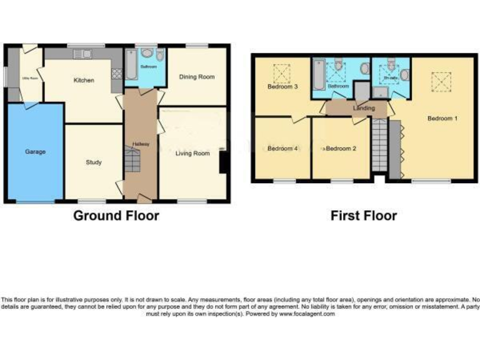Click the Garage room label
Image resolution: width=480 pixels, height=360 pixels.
34,151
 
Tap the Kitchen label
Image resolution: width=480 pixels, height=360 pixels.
84,81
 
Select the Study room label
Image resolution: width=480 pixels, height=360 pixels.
94,162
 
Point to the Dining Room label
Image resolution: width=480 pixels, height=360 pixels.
197,77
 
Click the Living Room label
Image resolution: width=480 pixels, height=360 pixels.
192,153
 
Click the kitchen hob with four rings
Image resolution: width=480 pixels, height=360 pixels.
116,74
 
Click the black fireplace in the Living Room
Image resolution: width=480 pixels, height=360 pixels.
222,162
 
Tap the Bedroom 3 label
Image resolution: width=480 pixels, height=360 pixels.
282,87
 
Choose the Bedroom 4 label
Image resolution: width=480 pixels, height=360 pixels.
281,149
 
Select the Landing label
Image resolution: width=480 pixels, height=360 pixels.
364,108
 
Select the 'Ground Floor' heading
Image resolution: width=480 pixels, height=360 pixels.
116,216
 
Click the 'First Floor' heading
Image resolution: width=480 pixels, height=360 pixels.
364,216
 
